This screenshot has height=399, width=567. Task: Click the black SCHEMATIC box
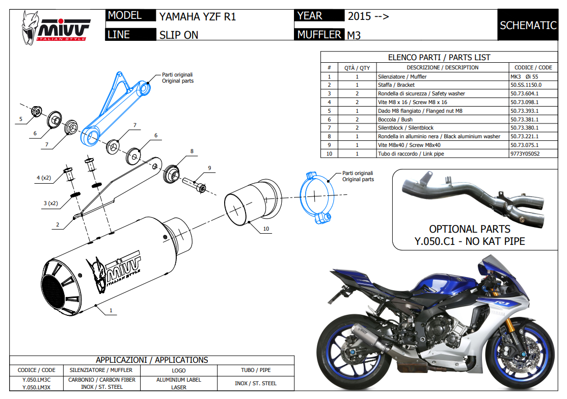tap(528, 25)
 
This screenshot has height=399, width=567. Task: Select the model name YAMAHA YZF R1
tap(198, 16)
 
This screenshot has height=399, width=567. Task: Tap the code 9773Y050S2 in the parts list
tap(525, 154)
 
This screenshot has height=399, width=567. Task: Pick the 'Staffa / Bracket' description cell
tap(396, 85)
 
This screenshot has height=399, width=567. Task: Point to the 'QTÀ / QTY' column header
tap(357, 67)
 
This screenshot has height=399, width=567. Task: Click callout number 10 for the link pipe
tap(266, 229)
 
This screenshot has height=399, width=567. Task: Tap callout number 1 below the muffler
tap(111, 310)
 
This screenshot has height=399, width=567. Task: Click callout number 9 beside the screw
tap(209, 168)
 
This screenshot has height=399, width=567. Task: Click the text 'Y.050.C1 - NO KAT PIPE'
tap(469, 241)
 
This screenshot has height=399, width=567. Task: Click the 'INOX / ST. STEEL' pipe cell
tap(255, 383)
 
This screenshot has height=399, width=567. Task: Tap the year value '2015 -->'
tap(368, 16)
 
